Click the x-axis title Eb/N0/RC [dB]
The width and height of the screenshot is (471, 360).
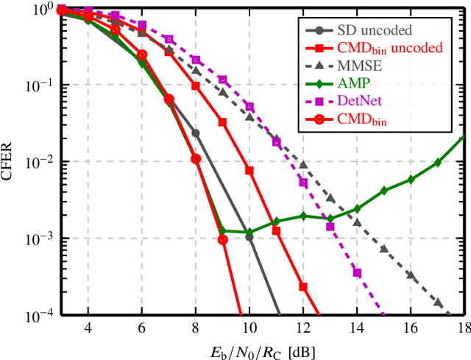(x=263, y=350)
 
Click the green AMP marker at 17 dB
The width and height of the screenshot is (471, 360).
(x=438, y=162)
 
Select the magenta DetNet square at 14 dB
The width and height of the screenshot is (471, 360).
(x=357, y=272)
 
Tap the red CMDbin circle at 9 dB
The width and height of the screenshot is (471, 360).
(x=223, y=239)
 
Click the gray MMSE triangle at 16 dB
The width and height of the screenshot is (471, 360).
(x=411, y=276)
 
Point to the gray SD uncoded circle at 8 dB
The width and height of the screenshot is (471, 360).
(x=196, y=133)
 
